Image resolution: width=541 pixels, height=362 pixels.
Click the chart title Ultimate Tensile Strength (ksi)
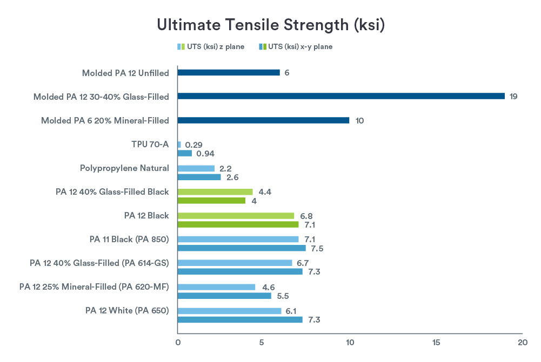click(x=270, y=25)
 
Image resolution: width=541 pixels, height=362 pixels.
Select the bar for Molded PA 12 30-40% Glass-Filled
click(x=340, y=96)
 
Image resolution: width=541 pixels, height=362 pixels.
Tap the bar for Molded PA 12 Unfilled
click(x=229, y=72)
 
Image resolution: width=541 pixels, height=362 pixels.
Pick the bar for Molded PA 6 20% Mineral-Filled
click(x=263, y=120)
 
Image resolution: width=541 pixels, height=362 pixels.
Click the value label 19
click(x=514, y=97)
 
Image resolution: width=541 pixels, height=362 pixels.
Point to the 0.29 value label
click(x=193, y=145)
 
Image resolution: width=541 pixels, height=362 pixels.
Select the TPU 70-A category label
click(x=150, y=144)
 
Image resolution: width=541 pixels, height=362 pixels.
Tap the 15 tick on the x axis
click(x=436, y=342)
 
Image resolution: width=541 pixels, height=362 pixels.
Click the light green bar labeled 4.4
click(x=215, y=192)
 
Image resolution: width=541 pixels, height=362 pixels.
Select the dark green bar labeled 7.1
click(x=238, y=224)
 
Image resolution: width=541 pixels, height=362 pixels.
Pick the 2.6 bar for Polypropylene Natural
click(x=199, y=177)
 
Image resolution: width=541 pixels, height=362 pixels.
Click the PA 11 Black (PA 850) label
click(x=129, y=239)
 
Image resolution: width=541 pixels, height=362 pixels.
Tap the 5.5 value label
click(x=283, y=296)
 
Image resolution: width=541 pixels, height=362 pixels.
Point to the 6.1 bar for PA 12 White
click(x=230, y=311)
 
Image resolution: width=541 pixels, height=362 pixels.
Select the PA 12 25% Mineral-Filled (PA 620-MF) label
click(x=94, y=286)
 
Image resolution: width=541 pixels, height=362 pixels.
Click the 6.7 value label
click(x=304, y=263)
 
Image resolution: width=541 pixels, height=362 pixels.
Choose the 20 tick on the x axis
click(x=522, y=342)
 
